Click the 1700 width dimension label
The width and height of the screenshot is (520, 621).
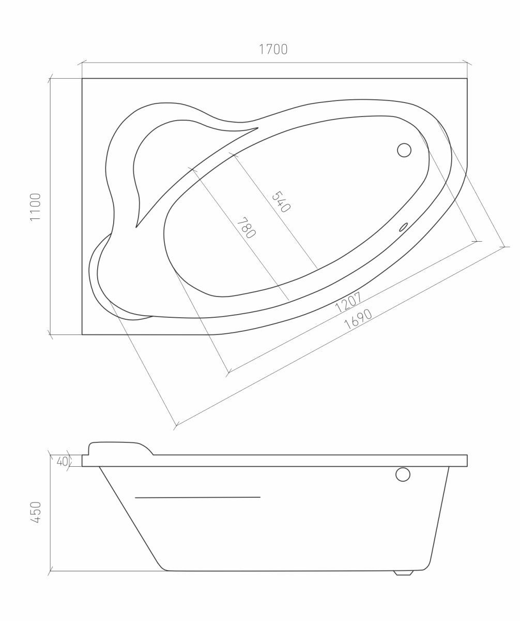pos(273,49)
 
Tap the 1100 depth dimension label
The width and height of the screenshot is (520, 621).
pos(35,207)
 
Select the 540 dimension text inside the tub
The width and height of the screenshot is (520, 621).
pos(281,202)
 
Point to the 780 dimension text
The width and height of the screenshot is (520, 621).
pos(246,228)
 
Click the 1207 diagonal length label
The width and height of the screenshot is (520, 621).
pos(348,302)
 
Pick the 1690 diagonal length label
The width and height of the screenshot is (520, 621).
pos(358,319)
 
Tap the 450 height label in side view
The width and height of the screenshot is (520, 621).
pos(35,512)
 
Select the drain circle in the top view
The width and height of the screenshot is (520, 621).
pos(404,150)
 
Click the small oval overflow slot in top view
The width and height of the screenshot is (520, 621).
pos(404,227)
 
